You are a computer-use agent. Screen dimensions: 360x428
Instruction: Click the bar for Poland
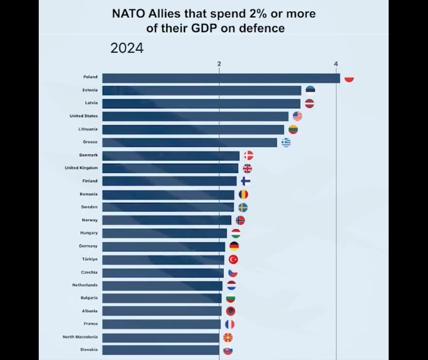221,77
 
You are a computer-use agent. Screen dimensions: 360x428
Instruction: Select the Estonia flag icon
310,90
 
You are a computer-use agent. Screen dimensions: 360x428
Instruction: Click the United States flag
297,116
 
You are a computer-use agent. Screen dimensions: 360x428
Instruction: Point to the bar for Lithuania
193,130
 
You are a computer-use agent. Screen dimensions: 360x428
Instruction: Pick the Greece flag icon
286,143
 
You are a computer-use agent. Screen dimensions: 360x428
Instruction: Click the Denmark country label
89,155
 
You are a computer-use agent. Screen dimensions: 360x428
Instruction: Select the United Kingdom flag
247,168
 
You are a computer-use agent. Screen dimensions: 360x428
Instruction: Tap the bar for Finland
169,181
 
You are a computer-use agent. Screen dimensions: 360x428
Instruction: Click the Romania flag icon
244,194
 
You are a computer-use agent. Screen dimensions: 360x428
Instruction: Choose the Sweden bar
168,207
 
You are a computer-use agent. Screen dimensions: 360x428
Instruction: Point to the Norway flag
240,220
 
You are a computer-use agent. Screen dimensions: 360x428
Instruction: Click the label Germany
88,246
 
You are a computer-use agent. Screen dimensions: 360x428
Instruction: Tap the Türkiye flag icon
233,259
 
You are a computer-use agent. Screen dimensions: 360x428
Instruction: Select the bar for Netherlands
162,286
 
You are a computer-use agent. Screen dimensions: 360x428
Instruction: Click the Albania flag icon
231,311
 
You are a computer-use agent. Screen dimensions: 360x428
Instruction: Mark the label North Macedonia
80,337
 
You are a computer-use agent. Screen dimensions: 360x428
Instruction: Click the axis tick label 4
336,64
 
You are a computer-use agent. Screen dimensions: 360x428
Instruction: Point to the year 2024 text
127,49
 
